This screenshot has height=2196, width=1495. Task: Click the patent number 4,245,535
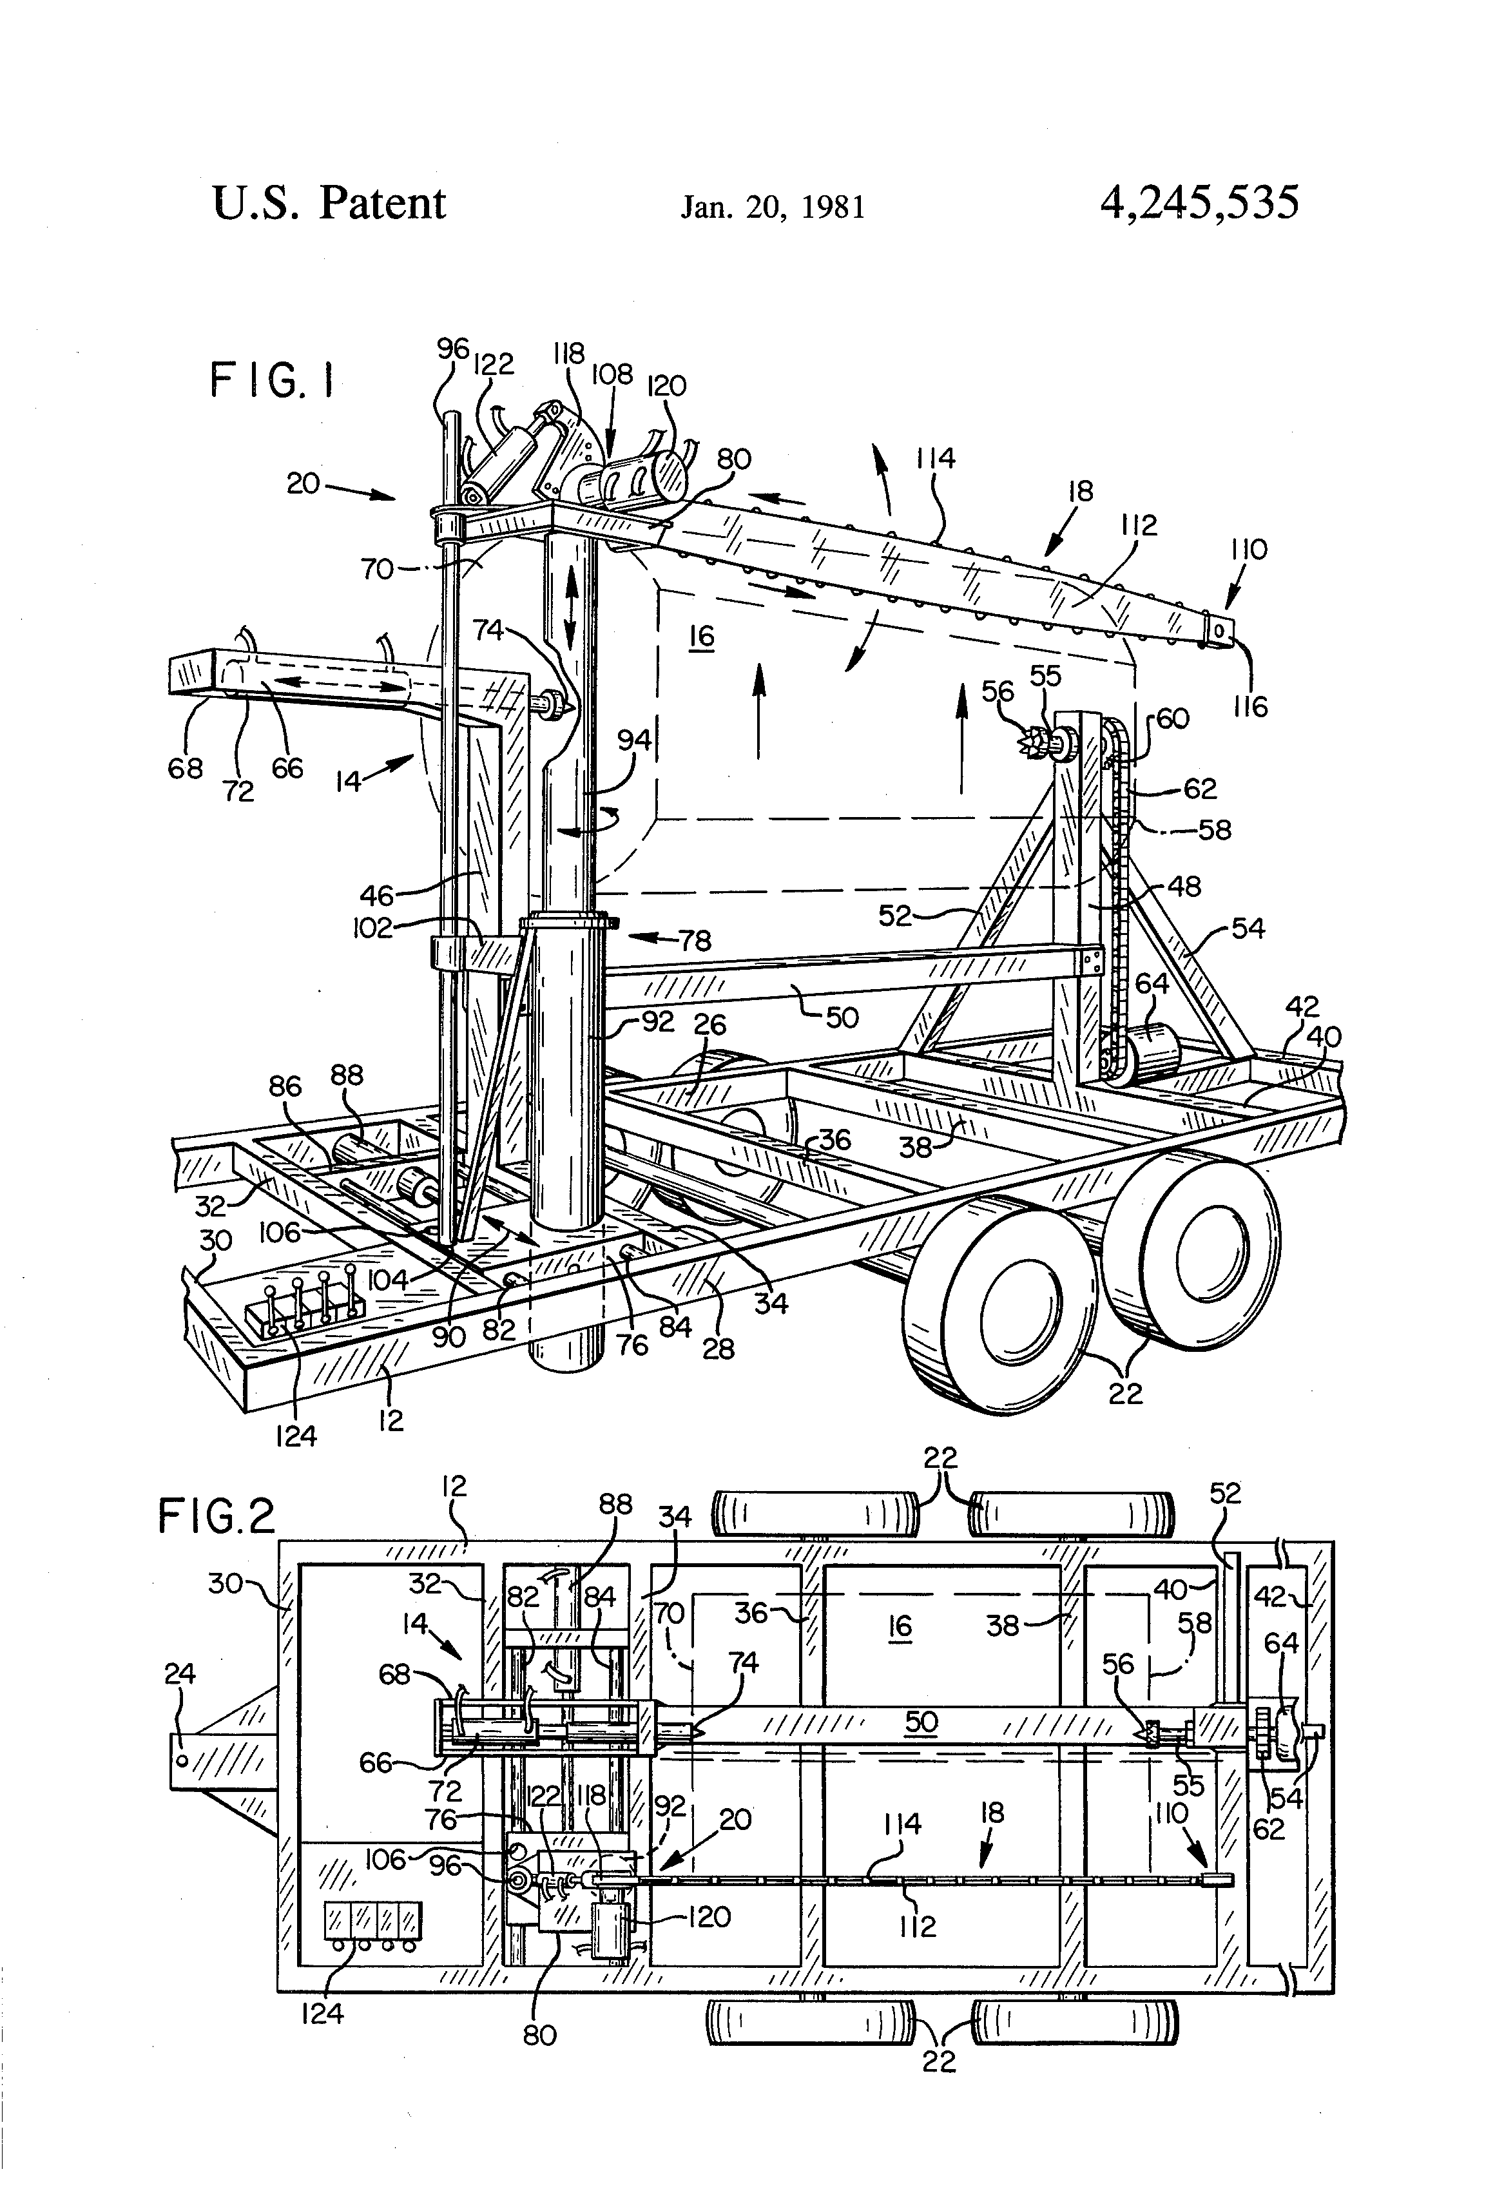click(1199, 203)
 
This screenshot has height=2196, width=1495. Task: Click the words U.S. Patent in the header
click(329, 203)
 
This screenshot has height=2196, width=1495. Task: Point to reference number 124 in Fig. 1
click(296, 1437)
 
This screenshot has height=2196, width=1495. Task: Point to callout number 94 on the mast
click(634, 739)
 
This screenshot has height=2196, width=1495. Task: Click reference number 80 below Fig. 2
click(539, 2034)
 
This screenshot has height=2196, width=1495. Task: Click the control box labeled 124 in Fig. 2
click(372, 1921)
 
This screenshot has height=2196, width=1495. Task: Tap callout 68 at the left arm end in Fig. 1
click(185, 768)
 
